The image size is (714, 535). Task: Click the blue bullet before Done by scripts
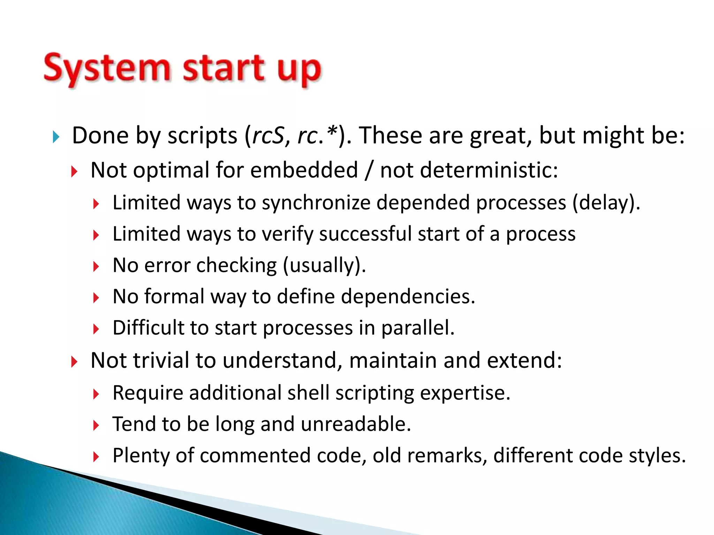tap(56, 137)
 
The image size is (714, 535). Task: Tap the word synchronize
tap(316, 203)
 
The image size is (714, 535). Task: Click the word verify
tap(288, 234)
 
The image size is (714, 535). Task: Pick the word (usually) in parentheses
tap(324, 265)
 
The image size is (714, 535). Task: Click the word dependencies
tap(408, 296)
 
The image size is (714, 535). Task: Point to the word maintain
tap(392, 360)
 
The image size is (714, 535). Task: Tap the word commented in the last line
tap(255, 455)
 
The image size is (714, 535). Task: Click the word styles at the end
tap(657, 455)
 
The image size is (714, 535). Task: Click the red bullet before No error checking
tap(96, 267)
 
